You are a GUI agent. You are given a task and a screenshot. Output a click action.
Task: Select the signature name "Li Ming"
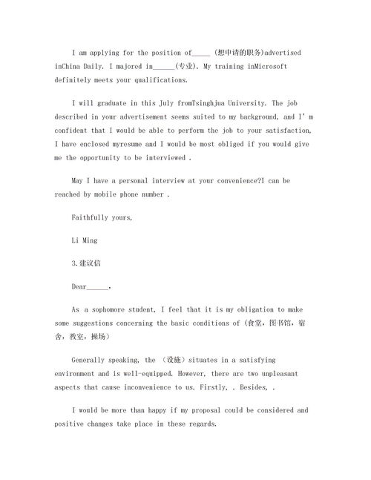pyautogui.click(x=85, y=241)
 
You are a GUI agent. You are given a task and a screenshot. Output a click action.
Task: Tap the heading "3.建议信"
pyautogui.click(x=88, y=264)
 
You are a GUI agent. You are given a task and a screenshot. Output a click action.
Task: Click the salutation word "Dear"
pyautogui.click(x=79, y=286)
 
